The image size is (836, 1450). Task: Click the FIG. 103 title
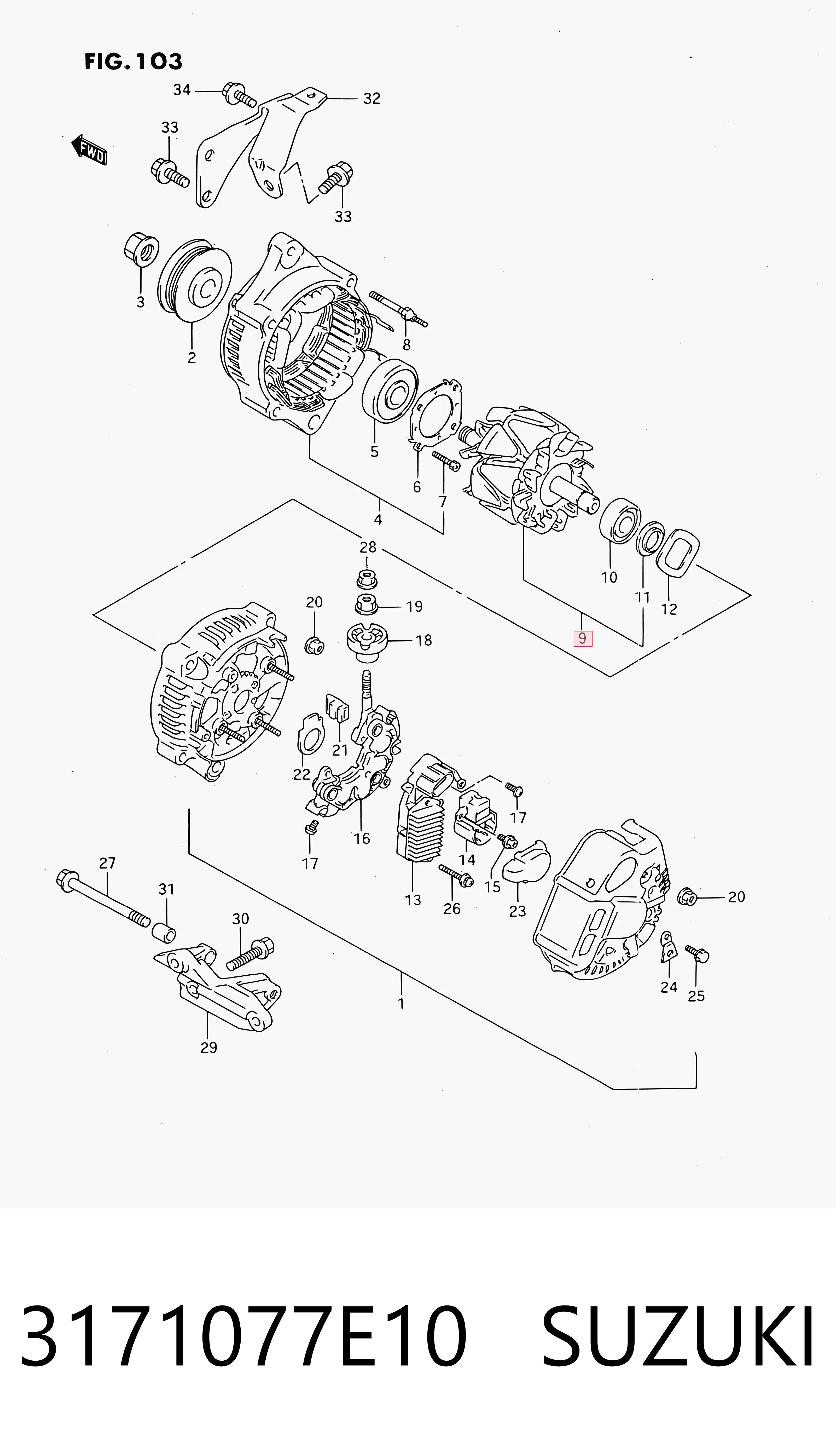133,61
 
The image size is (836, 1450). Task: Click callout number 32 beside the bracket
372,99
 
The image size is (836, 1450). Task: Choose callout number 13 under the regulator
413,900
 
